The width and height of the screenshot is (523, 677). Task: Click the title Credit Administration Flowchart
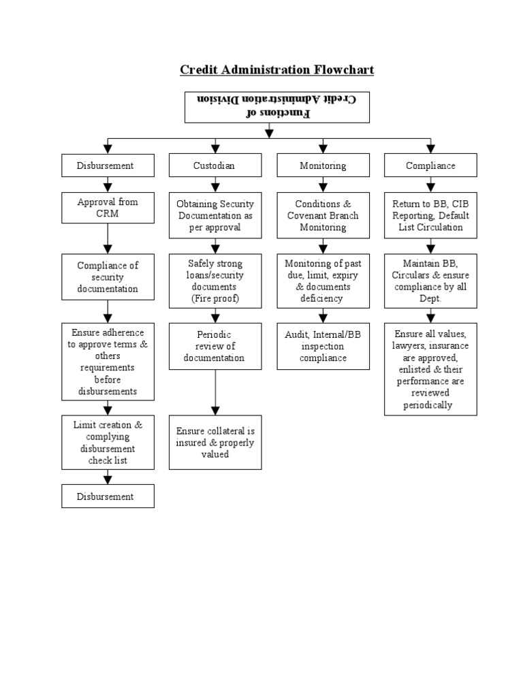tap(276, 70)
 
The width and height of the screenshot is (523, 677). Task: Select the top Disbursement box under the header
tap(108, 166)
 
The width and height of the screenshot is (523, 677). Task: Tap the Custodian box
tap(215, 166)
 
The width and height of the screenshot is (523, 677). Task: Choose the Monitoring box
tap(323, 166)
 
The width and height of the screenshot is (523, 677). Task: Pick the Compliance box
tap(430, 166)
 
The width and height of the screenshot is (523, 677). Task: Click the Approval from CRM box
tap(108, 208)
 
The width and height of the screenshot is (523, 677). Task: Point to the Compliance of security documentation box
tap(108, 277)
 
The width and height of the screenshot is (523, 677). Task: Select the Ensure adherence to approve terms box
tap(108, 362)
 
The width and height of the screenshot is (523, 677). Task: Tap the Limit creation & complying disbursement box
tap(108, 443)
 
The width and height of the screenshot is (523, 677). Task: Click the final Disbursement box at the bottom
tap(108, 497)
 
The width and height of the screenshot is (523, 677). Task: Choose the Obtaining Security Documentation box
tap(215, 215)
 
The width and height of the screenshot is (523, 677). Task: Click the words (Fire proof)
tap(215, 298)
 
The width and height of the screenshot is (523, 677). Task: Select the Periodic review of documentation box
tap(215, 346)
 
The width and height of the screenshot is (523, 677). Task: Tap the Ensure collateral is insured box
tap(215, 442)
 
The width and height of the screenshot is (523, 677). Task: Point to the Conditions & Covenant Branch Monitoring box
tap(323, 215)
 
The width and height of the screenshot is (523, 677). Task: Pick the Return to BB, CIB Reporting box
tap(430, 215)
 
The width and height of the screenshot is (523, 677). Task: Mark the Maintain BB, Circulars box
tap(430, 281)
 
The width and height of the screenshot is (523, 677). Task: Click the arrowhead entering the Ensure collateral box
tap(215, 411)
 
